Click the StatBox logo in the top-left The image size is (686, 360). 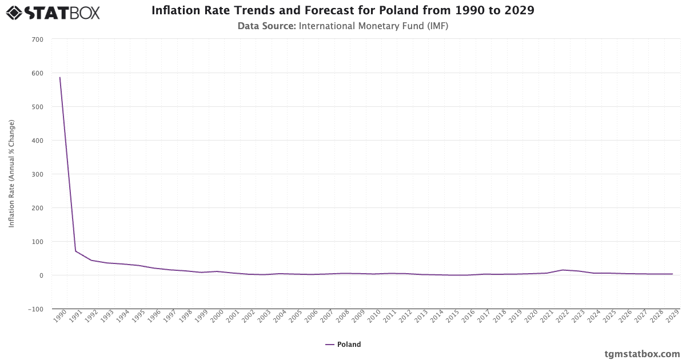(53, 12)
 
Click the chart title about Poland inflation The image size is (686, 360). (343, 10)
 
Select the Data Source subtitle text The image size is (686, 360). (343, 26)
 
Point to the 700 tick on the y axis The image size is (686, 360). (38, 39)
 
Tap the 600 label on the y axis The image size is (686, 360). (38, 73)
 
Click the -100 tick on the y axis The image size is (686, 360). (36, 309)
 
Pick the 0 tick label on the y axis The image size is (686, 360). (41, 275)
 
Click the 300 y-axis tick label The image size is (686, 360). (38, 174)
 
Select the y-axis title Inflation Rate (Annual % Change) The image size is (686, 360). (11, 174)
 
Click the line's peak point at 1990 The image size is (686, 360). (59, 77)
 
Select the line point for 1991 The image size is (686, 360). (75, 251)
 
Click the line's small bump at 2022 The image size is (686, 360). (563, 270)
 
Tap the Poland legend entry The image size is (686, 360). (343, 345)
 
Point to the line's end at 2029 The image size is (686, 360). (672, 274)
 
